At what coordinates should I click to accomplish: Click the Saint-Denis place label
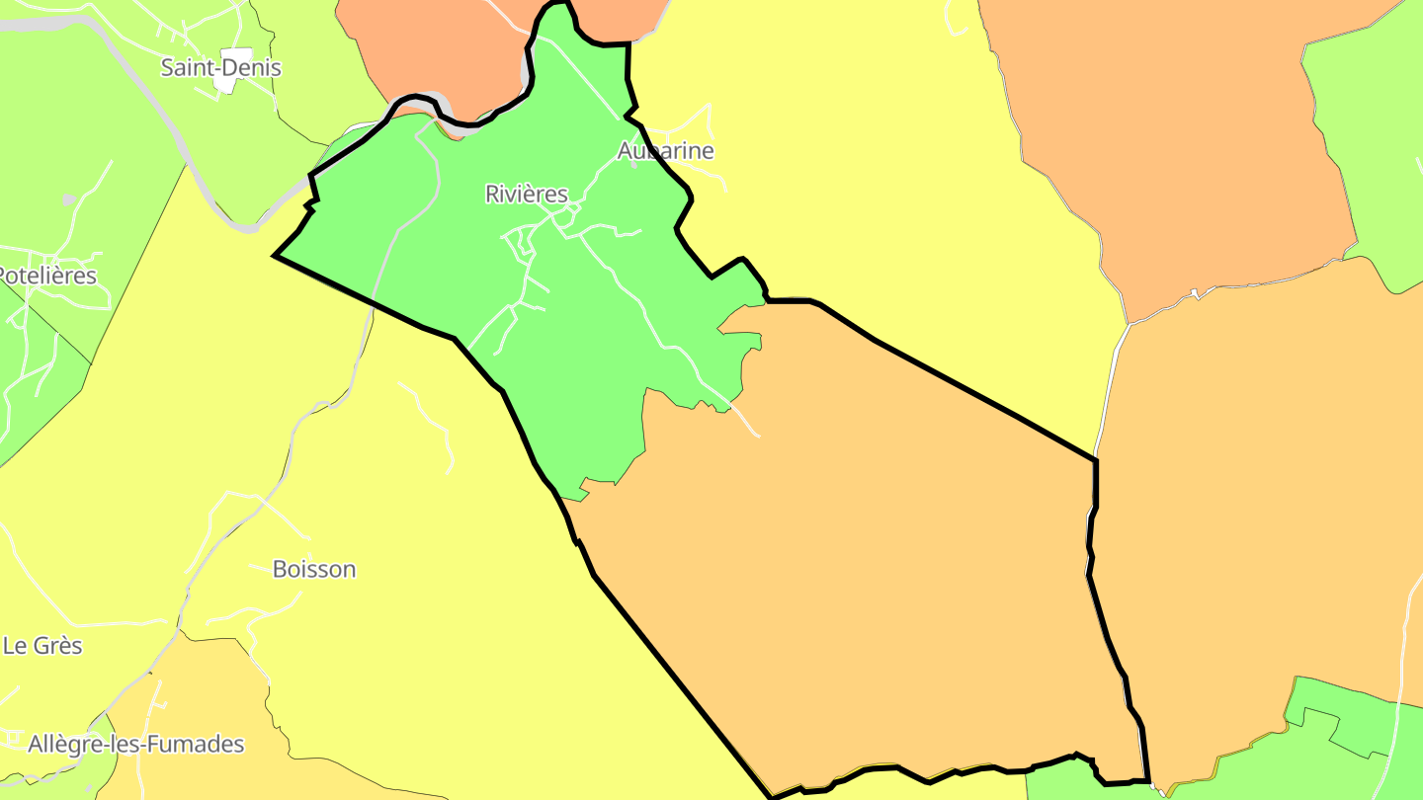coord(221,68)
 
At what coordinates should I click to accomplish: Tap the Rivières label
coord(527,195)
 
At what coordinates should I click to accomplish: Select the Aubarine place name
coord(665,151)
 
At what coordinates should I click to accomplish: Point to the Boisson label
coord(314,570)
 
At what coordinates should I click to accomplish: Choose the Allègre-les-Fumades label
coord(136,745)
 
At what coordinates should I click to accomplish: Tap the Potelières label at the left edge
coord(48,276)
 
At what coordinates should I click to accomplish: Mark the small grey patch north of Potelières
coord(68,200)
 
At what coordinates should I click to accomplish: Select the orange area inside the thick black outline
coord(870,573)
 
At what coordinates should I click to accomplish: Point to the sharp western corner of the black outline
coord(275,256)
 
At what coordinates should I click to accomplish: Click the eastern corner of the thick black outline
coord(1096,460)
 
